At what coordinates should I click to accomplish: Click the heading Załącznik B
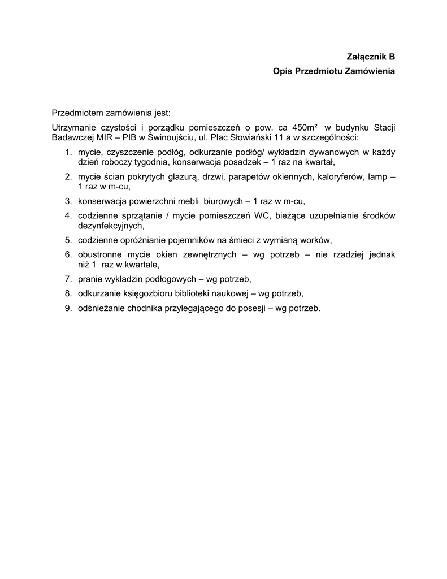pos(371,57)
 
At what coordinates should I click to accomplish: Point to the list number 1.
pos(68,153)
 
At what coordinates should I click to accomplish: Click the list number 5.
pos(68,240)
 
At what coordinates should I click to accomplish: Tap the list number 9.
pos(68,308)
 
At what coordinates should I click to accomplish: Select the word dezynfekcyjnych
pos(108,225)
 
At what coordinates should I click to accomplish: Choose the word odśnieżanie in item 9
pos(102,308)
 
